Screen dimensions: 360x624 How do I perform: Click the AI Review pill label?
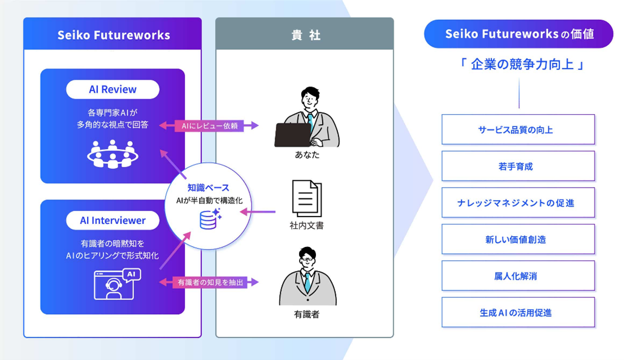[112, 89]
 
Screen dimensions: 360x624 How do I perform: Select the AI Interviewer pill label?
[112, 220]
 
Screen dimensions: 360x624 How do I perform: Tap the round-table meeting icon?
[113, 154]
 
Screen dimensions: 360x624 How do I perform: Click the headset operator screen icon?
[116, 284]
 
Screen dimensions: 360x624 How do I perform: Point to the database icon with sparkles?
[210, 219]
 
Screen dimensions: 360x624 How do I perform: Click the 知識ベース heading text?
[209, 188]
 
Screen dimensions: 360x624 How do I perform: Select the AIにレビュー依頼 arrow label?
[210, 125]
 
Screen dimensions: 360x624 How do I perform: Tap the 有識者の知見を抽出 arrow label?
[210, 282]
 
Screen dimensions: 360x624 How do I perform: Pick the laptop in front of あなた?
[293, 135]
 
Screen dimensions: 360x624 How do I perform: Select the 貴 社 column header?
[305, 35]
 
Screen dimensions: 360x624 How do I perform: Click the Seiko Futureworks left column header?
[113, 35]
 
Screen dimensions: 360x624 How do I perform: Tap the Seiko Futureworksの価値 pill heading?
[518, 34]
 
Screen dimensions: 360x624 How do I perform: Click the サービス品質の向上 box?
[518, 130]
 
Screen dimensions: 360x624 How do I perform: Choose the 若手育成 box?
[518, 166]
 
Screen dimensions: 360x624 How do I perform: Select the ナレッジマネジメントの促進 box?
[518, 203]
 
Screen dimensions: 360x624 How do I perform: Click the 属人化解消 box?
[518, 276]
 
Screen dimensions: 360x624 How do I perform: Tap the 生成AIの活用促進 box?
[518, 313]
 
